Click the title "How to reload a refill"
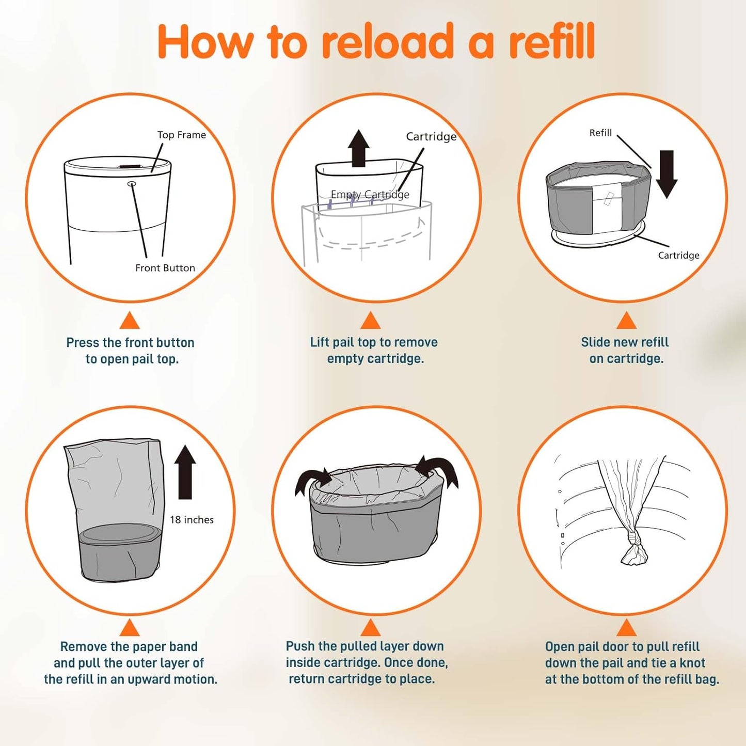pos(376,41)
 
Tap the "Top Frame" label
pos(181,135)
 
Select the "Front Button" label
pos(165,268)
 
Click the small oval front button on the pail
pos(132,183)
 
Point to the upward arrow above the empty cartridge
pos(358,148)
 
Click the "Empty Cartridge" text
pos(370,195)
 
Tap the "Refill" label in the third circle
pos(600,133)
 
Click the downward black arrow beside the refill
pos(666,174)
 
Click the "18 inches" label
pos(192,520)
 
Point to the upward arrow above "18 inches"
pos(185,472)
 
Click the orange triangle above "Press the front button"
pos(130,321)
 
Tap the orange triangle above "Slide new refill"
pos(626,321)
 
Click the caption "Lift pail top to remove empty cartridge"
pos(374,350)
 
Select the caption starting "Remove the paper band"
pos(130,663)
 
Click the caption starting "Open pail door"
pos(631,663)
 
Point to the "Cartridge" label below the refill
pos(678,255)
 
